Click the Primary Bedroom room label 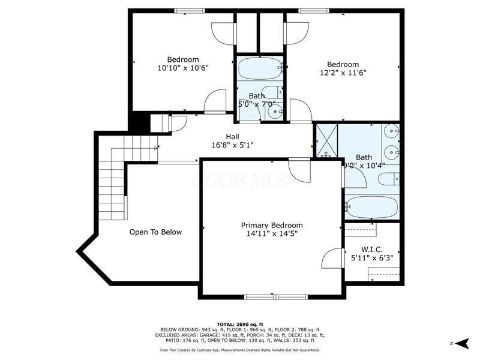272,225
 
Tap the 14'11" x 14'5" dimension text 272,234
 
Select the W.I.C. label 372,250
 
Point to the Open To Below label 155,232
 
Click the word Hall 233,136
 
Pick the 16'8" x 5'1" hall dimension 233,145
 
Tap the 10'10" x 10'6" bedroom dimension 183,68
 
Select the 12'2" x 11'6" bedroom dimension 343,73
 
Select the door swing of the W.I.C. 332,258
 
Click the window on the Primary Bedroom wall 275,296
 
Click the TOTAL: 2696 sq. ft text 239,324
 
